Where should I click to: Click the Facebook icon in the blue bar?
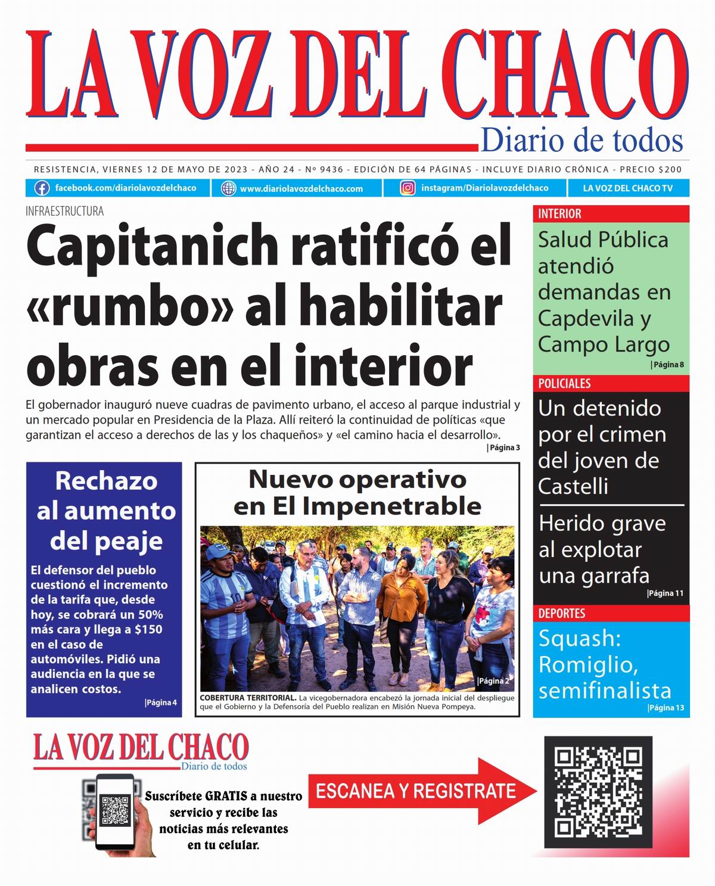pos(42,188)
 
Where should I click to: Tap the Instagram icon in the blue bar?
pos(408,188)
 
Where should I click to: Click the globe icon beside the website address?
pos(228,188)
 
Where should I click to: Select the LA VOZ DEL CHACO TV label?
pos(627,188)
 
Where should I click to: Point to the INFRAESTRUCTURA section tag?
pos(64,211)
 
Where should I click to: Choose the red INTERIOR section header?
pos(559,214)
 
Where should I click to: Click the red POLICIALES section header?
pos(564,384)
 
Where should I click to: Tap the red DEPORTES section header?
pos(561,613)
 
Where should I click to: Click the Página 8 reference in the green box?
pos(668,364)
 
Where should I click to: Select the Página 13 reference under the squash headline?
pos(666,708)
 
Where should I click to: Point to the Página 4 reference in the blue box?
pos(161,702)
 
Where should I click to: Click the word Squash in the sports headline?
pos(579,638)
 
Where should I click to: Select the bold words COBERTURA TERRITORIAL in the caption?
pos(248,698)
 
